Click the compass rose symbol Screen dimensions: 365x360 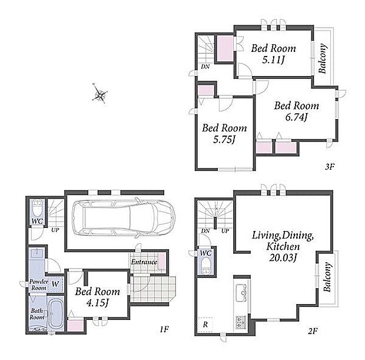click(x=100, y=94)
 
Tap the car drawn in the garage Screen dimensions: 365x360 click(x=124, y=217)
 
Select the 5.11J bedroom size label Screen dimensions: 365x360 click(x=273, y=60)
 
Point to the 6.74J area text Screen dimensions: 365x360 click(x=297, y=117)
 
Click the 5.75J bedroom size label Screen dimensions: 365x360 click(x=224, y=140)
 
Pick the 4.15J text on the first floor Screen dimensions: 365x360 click(x=98, y=303)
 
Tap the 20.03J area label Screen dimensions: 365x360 click(x=283, y=258)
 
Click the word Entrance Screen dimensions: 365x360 click(x=144, y=262)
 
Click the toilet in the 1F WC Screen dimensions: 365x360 click(x=37, y=208)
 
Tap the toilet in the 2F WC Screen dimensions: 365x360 click(x=206, y=266)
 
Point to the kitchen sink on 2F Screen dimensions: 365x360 click(x=241, y=293)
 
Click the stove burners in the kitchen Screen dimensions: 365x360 click(x=241, y=322)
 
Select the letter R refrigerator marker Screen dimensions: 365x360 click(x=205, y=324)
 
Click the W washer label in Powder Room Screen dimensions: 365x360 click(x=55, y=284)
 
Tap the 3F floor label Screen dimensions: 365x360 click(x=330, y=167)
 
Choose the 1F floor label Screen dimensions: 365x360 click(x=164, y=329)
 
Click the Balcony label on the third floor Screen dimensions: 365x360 click(x=323, y=58)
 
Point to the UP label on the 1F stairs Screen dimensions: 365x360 click(x=55, y=230)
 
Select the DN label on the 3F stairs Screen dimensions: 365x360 click(x=205, y=67)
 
